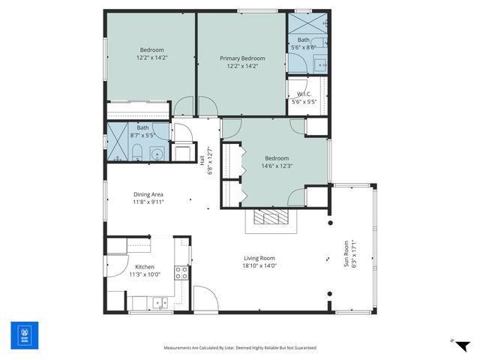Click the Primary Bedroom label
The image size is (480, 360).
pyautogui.click(x=242, y=58)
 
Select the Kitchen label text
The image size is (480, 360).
pyautogui.click(x=144, y=267)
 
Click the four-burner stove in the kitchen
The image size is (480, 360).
pyautogui.click(x=181, y=272)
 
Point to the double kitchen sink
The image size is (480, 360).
pyautogui.click(x=159, y=304)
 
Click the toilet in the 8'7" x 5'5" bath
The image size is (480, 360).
pyautogui.click(x=139, y=155)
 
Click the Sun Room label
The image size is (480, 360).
pyautogui.click(x=346, y=253)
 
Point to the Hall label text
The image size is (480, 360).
pyautogui.click(x=202, y=160)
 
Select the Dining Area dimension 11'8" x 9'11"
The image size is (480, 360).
pyautogui.click(x=148, y=201)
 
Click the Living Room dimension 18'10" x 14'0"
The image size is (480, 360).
pyautogui.click(x=259, y=265)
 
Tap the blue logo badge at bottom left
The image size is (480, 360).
pyautogui.click(x=23, y=336)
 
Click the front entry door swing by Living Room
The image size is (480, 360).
pyautogui.click(x=205, y=298)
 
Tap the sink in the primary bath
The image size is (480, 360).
pyautogui.click(x=321, y=64)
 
